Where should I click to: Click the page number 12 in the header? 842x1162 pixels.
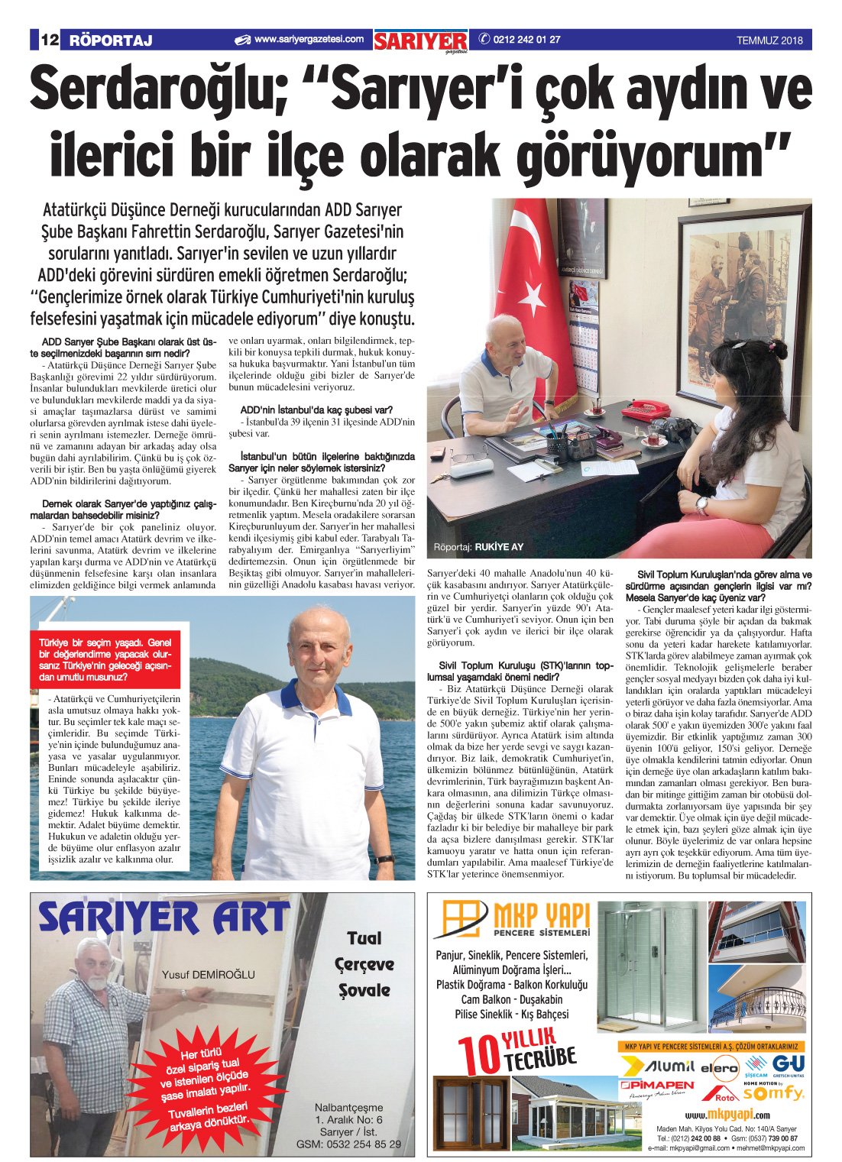click(x=48, y=40)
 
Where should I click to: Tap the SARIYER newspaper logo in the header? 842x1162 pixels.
click(x=420, y=41)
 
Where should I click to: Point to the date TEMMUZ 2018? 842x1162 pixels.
click(x=769, y=41)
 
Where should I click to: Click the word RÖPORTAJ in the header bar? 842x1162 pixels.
click(x=111, y=40)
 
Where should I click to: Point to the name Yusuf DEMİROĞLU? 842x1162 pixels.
click(x=209, y=974)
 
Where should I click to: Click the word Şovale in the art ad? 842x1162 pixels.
click(x=364, y=991)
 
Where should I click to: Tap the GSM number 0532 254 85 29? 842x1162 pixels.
click(x=348, y=1144)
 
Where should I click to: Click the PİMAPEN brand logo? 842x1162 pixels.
click(x=657, y=1085)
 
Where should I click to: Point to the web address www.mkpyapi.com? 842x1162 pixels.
click(x=727, y=1114)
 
